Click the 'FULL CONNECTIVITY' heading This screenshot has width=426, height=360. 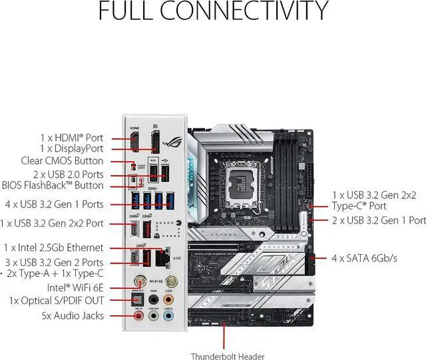click(213, 12)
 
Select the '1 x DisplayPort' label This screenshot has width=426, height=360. click(71, 148)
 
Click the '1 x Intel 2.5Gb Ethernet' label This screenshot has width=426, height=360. click(54, 248)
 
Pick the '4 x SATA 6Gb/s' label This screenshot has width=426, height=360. click(365, 258)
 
